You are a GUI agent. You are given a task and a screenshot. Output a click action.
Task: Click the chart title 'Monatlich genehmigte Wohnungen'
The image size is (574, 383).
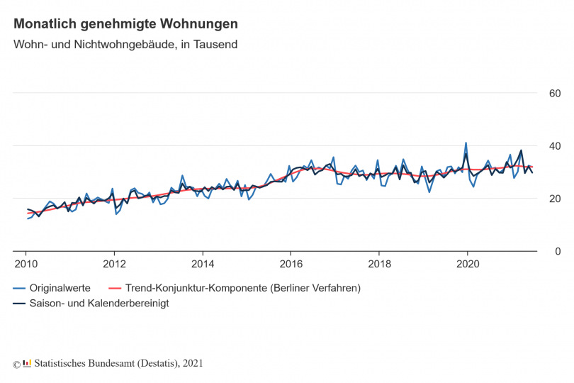coord(125,23)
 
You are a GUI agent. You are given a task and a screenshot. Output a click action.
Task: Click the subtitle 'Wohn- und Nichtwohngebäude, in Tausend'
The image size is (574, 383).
coord(125,45)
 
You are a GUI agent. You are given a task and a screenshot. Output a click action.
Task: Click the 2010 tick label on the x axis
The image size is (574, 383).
coord(26,265)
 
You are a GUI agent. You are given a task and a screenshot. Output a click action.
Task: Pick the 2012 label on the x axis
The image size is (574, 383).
coord(114,265)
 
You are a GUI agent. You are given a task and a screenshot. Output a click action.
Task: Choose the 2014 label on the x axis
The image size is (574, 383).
coord(203,265)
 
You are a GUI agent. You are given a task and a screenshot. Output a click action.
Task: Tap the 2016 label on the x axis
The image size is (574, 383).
coord(291,265)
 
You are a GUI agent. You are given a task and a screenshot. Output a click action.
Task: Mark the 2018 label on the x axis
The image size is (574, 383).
coord(379,265)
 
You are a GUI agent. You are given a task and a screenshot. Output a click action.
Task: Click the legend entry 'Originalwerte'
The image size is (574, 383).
coord(60,288)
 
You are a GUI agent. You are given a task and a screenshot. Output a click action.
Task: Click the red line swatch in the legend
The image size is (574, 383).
coord(114,288)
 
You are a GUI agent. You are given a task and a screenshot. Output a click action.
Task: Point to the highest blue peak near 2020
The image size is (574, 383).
coord(466,143)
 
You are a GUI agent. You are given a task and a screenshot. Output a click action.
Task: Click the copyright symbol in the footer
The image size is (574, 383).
coord(16,364)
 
